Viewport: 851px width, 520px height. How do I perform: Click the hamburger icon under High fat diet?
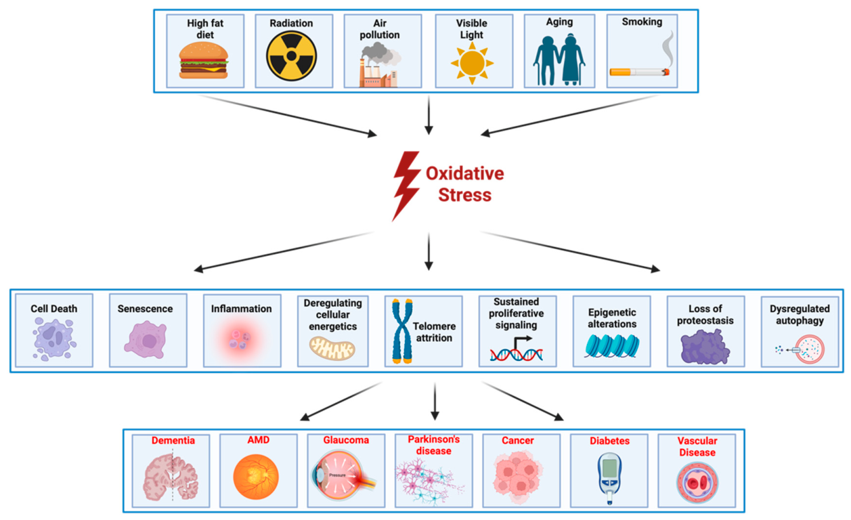(x=204, y=60)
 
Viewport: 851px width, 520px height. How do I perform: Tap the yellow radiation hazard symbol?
(x=291, y=56)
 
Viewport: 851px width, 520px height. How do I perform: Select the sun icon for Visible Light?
(x=472, y=63)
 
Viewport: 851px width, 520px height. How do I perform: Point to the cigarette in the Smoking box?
(x=639, y=71)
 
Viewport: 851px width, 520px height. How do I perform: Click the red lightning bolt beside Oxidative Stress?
(x=406, y=186)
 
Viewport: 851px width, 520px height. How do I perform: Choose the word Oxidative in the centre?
(x=464, y=173)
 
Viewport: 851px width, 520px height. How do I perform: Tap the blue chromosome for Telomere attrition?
(x=402, y=331)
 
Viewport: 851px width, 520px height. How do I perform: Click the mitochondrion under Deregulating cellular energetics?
(x=332, y=348)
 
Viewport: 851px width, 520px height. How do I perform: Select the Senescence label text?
(x=145, y=309)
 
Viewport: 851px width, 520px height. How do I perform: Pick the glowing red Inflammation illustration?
(x=240, y=340)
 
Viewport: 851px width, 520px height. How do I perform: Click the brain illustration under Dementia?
(x=171, y=477)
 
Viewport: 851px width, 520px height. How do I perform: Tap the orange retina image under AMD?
(x=256, y=477)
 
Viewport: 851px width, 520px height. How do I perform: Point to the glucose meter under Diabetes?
(x=609, y=478)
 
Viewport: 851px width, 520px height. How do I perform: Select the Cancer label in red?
(x=517, y=441)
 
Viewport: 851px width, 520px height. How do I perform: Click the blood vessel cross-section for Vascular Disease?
(x=697, y=482)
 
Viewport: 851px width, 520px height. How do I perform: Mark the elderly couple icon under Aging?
(x=559, y=60)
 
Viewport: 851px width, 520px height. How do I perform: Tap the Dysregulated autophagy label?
(x=800, y=315)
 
